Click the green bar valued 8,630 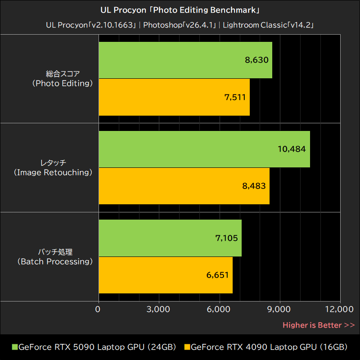tap(185, 60)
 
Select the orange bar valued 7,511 tap(174, 97)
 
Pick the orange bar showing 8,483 tap(184, 186)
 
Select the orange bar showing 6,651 tap(165, 275)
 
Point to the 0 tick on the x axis tap(98, 309)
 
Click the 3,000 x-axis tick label tap(158, 309)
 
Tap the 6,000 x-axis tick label tap(219, 309)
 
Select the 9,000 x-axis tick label tap(280, 309)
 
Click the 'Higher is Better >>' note tap(319, 325)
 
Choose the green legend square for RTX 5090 tap(14, 347)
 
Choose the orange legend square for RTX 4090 tap(187, 347)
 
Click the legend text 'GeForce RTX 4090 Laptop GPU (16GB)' tap(269, 347)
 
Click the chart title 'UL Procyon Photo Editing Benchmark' tap(180, 9)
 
